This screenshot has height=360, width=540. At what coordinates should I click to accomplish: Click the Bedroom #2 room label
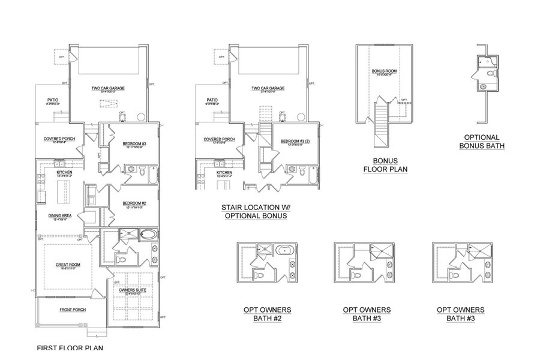[131, 203]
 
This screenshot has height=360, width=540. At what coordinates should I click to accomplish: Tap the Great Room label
[67, 266]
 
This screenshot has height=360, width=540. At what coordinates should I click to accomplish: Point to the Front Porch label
[72, 310]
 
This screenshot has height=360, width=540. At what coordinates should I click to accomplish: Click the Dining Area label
[61, 217]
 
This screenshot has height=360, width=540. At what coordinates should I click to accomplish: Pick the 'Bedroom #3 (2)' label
[293, 142]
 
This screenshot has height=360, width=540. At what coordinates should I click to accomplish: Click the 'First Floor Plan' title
[70, 347]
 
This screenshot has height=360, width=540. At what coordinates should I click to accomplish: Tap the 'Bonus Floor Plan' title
[385, 165]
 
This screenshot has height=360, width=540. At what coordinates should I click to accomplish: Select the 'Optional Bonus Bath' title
[482, 141]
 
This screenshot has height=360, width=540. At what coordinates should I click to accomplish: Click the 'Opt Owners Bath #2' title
[267, 314]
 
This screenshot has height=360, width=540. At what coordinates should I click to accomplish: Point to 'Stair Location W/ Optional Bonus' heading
[256, 211]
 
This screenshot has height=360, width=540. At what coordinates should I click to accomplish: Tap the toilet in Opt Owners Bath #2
[258, 275]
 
